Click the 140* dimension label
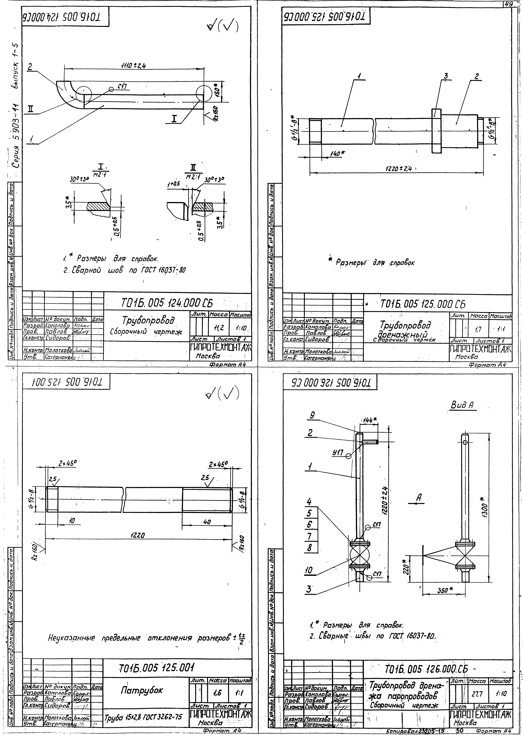[x=337, y=154]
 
